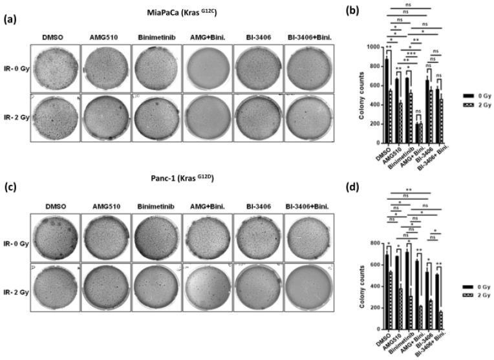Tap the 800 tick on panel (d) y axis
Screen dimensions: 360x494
(x=373, y=243)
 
